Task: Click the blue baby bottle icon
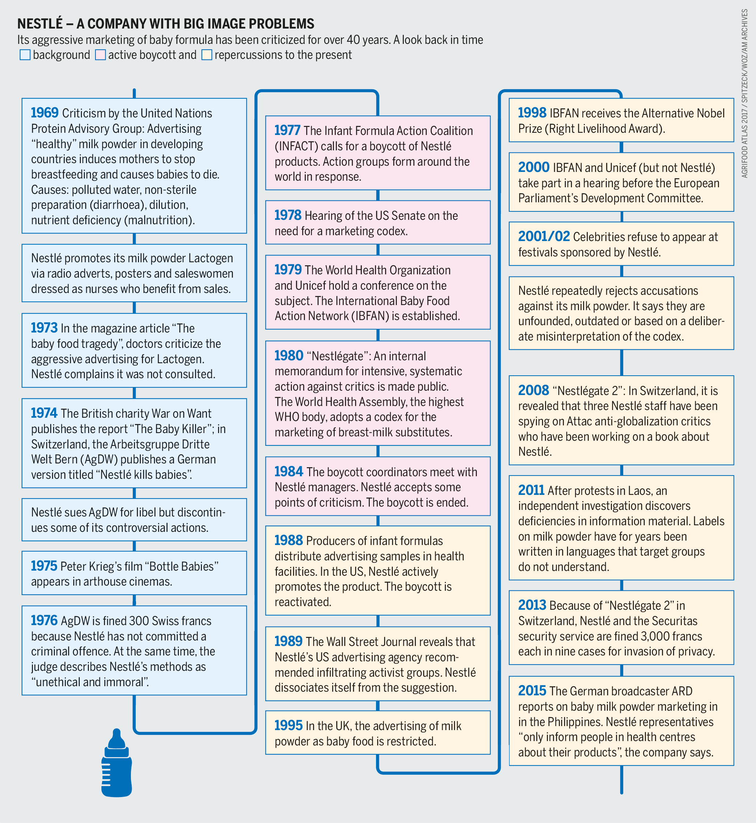pyautogui.click(x=117, y=769)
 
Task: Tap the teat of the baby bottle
pyautogui.click(x=117, y=736)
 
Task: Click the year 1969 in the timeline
pyautogui.click(x=45, y=113)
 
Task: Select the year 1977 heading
pyautogui.click(x=287, y=131)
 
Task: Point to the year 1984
pyautogui.click(x=289, y=471)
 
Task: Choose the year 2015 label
pyautogui.click(x=532, y=691)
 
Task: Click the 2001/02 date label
pyautogui.click(x=544, y=236)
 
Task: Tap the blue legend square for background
pyautogui.click(x=25, y=55)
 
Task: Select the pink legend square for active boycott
pyautogui.click(x=100, y=55)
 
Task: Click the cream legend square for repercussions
pyautogui.click(x=207, y=55)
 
